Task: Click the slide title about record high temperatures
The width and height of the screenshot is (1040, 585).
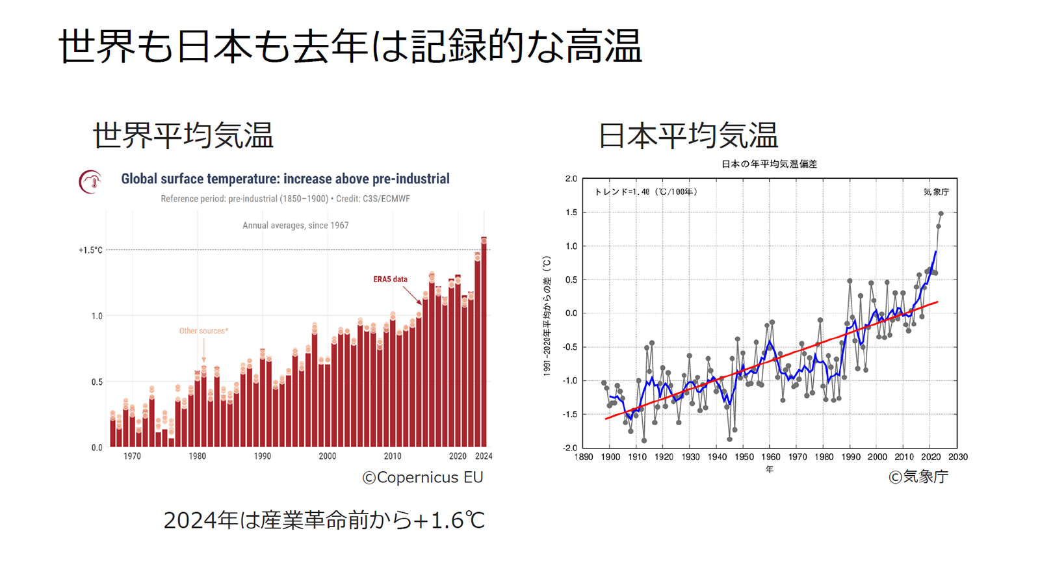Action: tap(350, 47)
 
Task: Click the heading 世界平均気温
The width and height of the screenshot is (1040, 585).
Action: tap(183, 136)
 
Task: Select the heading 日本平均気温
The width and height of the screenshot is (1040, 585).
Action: tap(688, 136)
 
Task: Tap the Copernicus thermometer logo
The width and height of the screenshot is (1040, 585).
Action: tap(91, 182)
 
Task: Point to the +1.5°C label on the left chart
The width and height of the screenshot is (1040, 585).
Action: tap(90, 250)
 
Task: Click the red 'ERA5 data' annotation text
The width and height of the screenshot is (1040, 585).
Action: tap(390, 279)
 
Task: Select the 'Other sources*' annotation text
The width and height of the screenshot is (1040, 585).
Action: tap(203, 331)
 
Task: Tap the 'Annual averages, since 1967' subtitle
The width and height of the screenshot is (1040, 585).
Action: tap(295, 226)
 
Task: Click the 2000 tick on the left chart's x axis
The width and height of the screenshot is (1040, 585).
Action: tap(328, 456)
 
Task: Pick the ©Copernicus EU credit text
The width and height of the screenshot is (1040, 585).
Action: tap(422, 478)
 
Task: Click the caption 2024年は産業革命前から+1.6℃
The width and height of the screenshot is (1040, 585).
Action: tap(324, 521)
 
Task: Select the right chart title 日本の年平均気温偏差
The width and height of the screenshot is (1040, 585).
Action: tap(769, 164)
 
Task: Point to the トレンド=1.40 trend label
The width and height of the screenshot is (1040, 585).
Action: tap(645, 192)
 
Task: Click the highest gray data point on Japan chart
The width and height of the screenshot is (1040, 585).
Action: tap(941, 213)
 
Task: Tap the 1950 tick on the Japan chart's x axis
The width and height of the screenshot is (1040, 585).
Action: tap(744, 457)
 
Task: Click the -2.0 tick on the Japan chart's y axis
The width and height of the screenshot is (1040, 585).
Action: tap(570, 448)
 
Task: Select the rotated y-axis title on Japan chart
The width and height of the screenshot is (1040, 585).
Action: tap(547, 315)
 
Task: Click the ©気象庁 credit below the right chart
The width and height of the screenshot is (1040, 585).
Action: tap(918, 477)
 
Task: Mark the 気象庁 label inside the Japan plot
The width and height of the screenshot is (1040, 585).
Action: tap(936, 192)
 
